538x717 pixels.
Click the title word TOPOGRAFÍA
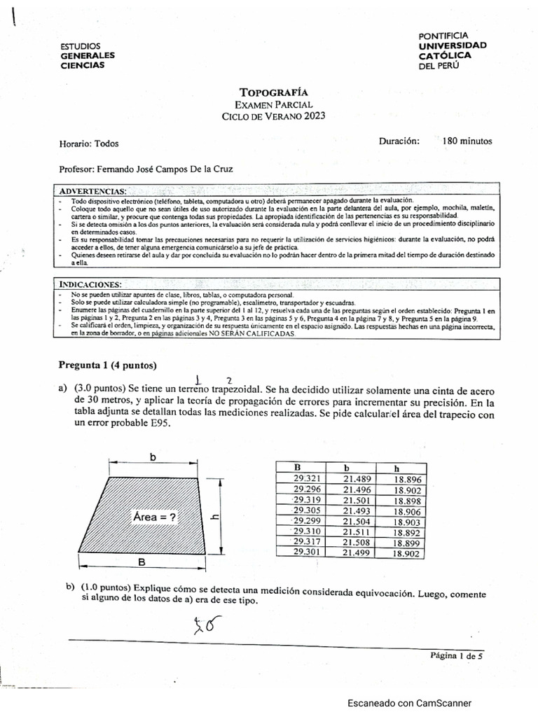coord(273,92)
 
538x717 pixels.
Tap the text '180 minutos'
coord(467,141)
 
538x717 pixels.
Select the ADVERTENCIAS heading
coord(92,190)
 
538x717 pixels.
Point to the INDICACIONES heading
coord(90,284)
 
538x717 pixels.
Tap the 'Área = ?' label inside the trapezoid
coord(154,517)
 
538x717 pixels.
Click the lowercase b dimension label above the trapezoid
coord(153,457)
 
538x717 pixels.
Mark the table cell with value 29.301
coord(307,552)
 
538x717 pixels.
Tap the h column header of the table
coord(396,468)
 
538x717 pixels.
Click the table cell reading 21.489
coord(356,479)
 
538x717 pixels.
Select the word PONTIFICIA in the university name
coord(443,35)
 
